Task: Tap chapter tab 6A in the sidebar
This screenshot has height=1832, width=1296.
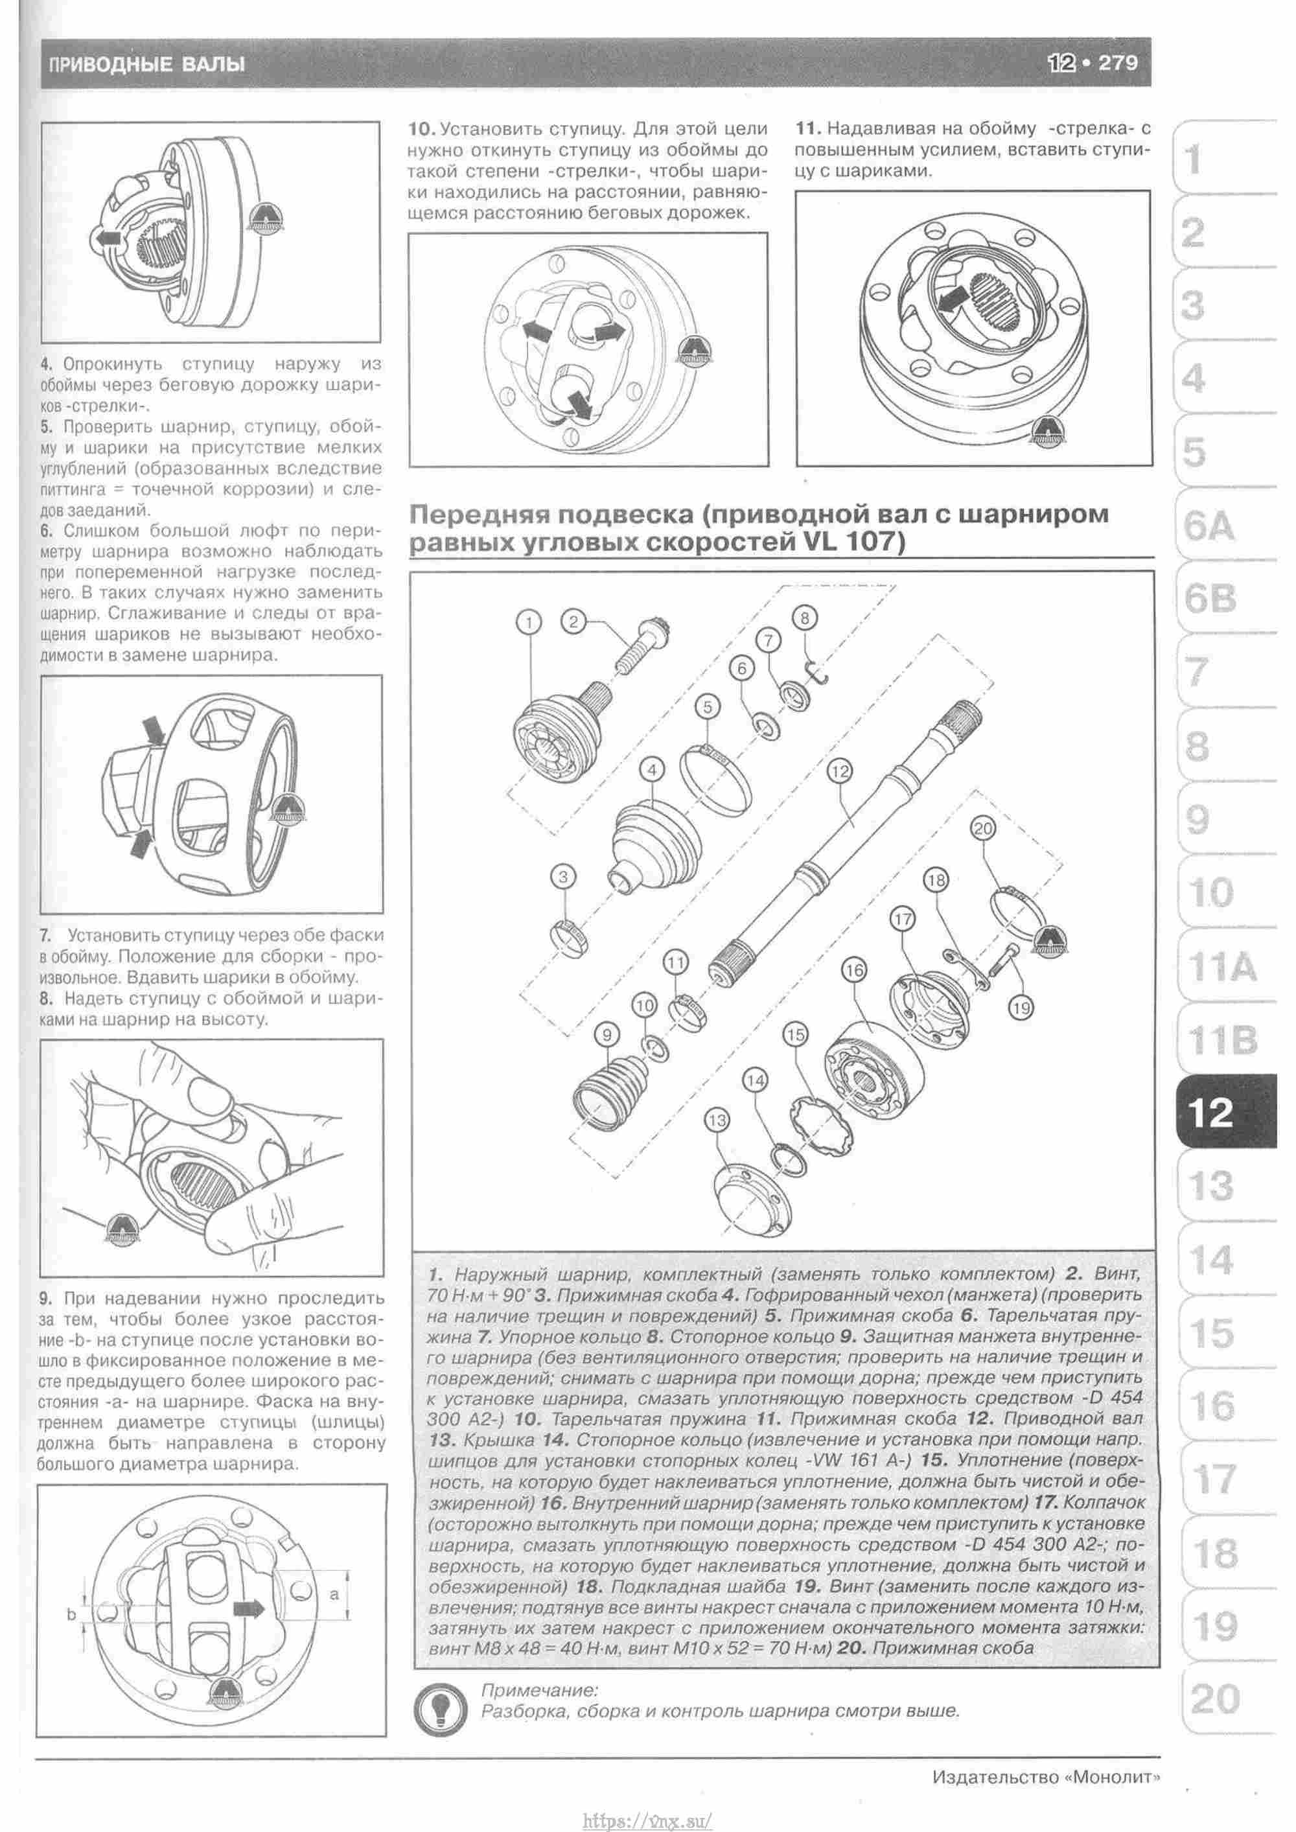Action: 1209,528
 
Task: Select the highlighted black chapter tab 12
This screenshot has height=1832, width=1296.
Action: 1210,1111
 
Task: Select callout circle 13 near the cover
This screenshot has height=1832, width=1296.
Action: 717,1120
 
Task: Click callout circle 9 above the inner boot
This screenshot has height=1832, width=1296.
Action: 607,1035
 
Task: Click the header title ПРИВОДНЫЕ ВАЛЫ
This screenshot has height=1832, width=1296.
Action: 146,64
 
